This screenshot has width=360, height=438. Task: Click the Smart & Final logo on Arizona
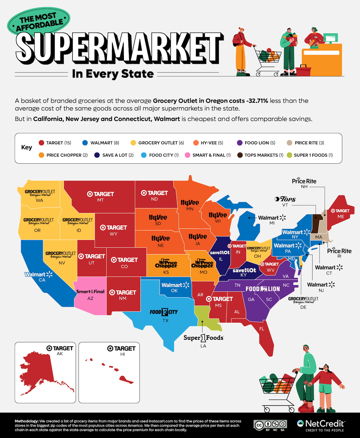(x=90, y=291)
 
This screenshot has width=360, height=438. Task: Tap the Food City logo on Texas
(x=164, y=312)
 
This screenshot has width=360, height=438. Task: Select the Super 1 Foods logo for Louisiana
(x=203, y=338)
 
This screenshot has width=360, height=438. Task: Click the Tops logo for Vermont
(x=285, y=199)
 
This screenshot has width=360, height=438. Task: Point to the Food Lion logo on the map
(x=263, y=289)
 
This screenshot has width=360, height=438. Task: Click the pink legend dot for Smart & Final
(x=187, y=155)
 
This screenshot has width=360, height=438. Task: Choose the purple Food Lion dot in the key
(x=239, y=143)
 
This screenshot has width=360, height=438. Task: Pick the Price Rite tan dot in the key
(x=289, y=143)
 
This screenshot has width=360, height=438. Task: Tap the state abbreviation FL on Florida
(x=262, y=329)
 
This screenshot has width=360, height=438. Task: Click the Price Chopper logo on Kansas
(x=166, y=264)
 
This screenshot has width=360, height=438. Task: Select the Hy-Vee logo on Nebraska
(x=160, y=239)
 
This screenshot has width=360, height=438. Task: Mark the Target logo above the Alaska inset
(x=60, y=348)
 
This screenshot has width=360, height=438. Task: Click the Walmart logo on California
(x=38, y=274)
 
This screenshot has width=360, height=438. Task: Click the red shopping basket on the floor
(x=304, y=71)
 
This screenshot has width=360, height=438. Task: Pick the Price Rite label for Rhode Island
(x=339, y=251)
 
